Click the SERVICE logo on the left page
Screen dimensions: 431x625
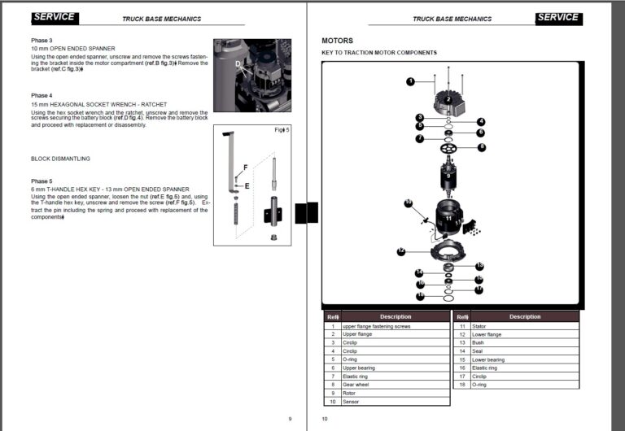pyautogui.click(x=55, y=17)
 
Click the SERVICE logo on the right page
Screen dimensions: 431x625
pyautogui.click(x=558, y=17)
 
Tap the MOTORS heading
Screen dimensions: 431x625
pyautogui.click(x=338, y=40)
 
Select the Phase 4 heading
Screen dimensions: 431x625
pyautogui.click(x=42, y=95)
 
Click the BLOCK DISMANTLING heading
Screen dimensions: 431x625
pyautogui.click(x=60, y=159)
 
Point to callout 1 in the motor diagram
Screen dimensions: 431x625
pyautogui.click(x=411, y=81)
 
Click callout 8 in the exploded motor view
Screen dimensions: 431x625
pyautogui.click(x=482, y=147)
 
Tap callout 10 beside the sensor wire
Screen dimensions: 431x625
pyautogui.click(x=409, y=202)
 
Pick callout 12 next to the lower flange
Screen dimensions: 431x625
pyautogui.click(x=401, y=252)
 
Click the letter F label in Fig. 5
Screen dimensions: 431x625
pyautogui.click(x=244, y=167)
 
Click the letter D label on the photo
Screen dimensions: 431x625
pyautogui.click(x=238, y=63)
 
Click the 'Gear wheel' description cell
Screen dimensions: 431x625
pyautogui.click(x=355, y=385)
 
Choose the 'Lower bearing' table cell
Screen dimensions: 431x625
pyautogui.click(x=487, y=359)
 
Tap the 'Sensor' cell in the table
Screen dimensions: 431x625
pyautogui.click(x=351, y=402)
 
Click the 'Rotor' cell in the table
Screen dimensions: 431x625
pyautogui.click(x=349, y=394)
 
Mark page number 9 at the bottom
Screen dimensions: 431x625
pyautogui.click(x=290, y=419)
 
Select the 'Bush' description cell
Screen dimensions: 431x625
pyautogui.click(x=478, y=342)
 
